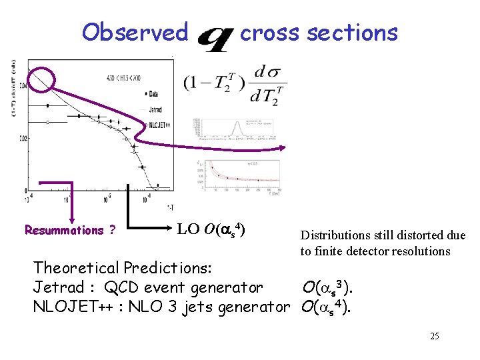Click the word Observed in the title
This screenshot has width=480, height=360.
coord(135,32)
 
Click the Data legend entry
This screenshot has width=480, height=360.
coord(153,93)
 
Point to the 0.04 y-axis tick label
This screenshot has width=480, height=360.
coord(24,86)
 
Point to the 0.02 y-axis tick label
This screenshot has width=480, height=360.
coord(24,139)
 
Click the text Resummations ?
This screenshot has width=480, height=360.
coord(69,230)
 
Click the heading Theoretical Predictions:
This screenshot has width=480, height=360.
coord(123,268)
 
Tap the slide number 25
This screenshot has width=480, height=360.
coord(434,336)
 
